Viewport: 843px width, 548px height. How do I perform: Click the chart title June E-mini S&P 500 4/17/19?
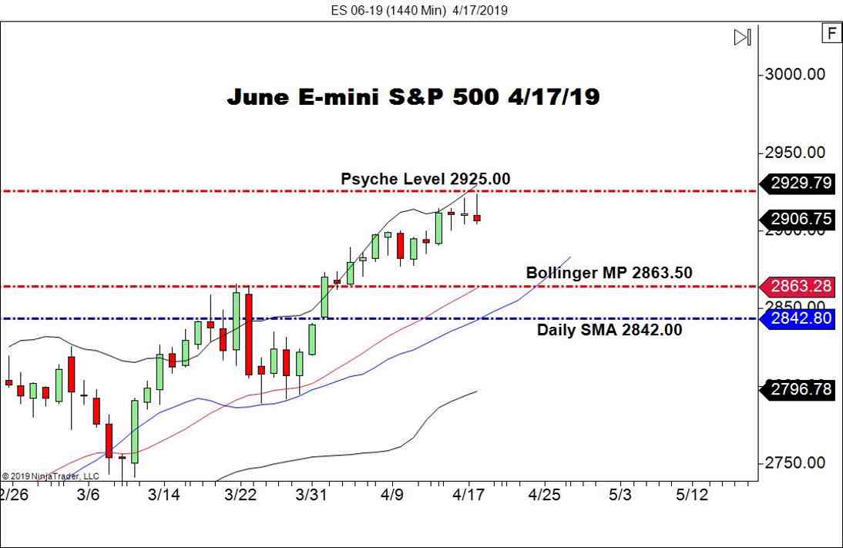pos(413,97)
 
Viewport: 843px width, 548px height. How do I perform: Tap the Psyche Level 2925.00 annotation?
pos(425,179)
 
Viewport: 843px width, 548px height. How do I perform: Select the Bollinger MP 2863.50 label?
pos(609,272)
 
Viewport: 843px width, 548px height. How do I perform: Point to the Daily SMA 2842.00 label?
pos(609,330)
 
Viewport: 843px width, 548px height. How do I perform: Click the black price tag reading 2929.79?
pos(800,183)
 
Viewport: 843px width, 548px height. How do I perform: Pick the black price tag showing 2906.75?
pos(800,219)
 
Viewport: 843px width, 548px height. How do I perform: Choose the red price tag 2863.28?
pos(800,287)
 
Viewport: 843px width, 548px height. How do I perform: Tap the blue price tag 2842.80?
pos(800,318)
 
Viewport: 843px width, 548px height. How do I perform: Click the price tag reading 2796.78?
pos(800,390)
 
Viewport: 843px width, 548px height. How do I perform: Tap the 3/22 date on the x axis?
pos(241,494)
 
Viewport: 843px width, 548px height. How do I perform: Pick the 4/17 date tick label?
pos(468,494)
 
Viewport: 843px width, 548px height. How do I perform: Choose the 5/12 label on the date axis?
pos(691,494)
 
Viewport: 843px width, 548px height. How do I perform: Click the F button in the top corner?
pos(831,33)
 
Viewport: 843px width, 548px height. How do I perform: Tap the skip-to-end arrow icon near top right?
pos(742,37)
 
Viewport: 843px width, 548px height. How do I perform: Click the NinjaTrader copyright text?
pos(50,476)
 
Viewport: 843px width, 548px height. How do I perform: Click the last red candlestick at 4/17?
pos(477,218)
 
